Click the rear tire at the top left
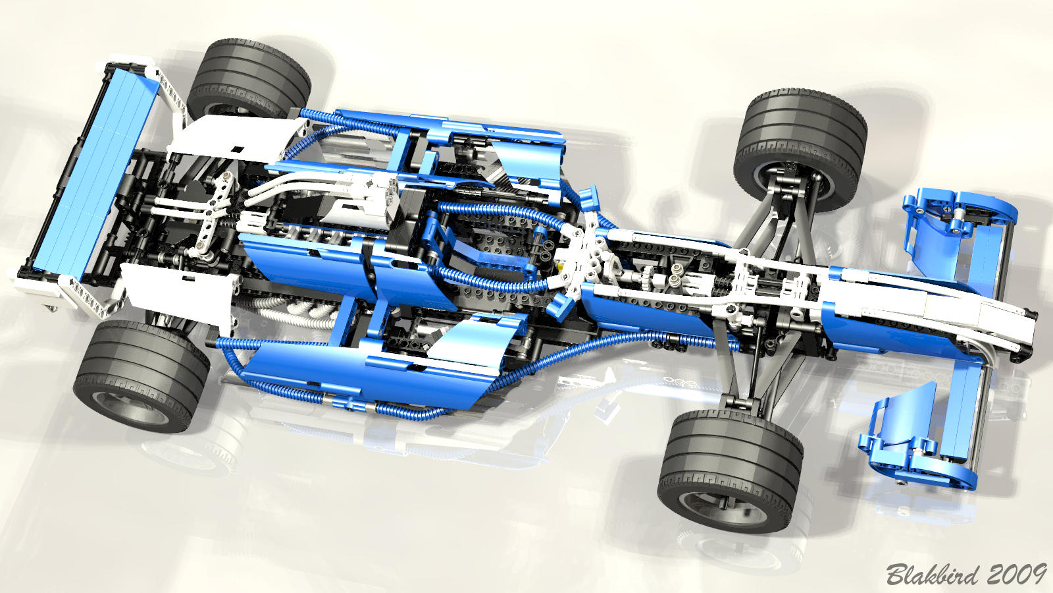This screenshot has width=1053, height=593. [249, 79]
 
